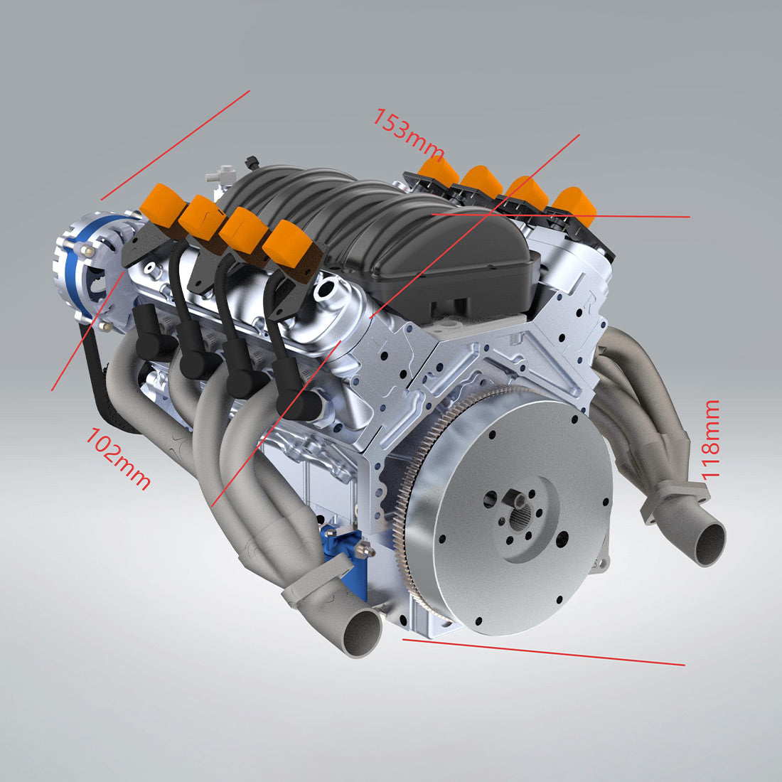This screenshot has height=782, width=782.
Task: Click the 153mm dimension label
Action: click(x=408, y=134)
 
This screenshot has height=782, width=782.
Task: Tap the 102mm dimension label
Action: click(x=118, y=459)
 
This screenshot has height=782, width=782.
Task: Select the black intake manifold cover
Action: click(x=398, y=235)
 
